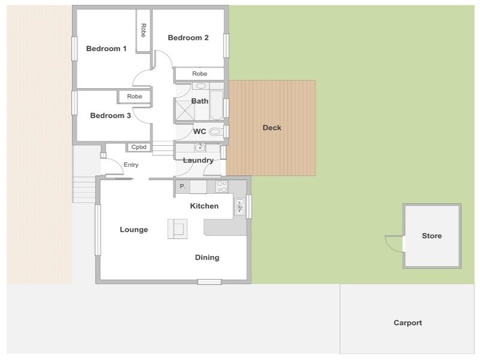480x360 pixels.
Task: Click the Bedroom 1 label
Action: [x=106, y=49]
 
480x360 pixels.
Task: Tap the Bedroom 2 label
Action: [x=188, y=38]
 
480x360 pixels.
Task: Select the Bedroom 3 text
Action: [x=110, y=115]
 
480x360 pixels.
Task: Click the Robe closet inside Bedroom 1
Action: [x=143, y=31]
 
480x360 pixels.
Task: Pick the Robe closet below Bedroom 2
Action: [x=200, y=74]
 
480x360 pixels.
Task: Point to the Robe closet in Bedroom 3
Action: [x=134, y=97]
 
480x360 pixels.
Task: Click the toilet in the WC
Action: [x=215, y=132]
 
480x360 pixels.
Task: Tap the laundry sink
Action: [x=200, y=148]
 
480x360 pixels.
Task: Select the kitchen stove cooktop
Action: [x=221, y=187]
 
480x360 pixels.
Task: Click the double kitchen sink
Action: [x=239, y=206]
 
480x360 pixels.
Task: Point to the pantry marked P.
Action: [x=182, y=187]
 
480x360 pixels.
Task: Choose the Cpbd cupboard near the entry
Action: [x=139, y=147]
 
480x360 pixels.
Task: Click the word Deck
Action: [x=272, y=128]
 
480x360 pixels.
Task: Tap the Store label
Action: [x=431, y=236]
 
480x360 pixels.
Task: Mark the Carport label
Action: [x=408, y=323]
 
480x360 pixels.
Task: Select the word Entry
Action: [x=131, y=165]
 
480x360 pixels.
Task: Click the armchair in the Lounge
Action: [x=178, y=229]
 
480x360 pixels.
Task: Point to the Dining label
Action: [x=207, y=257]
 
